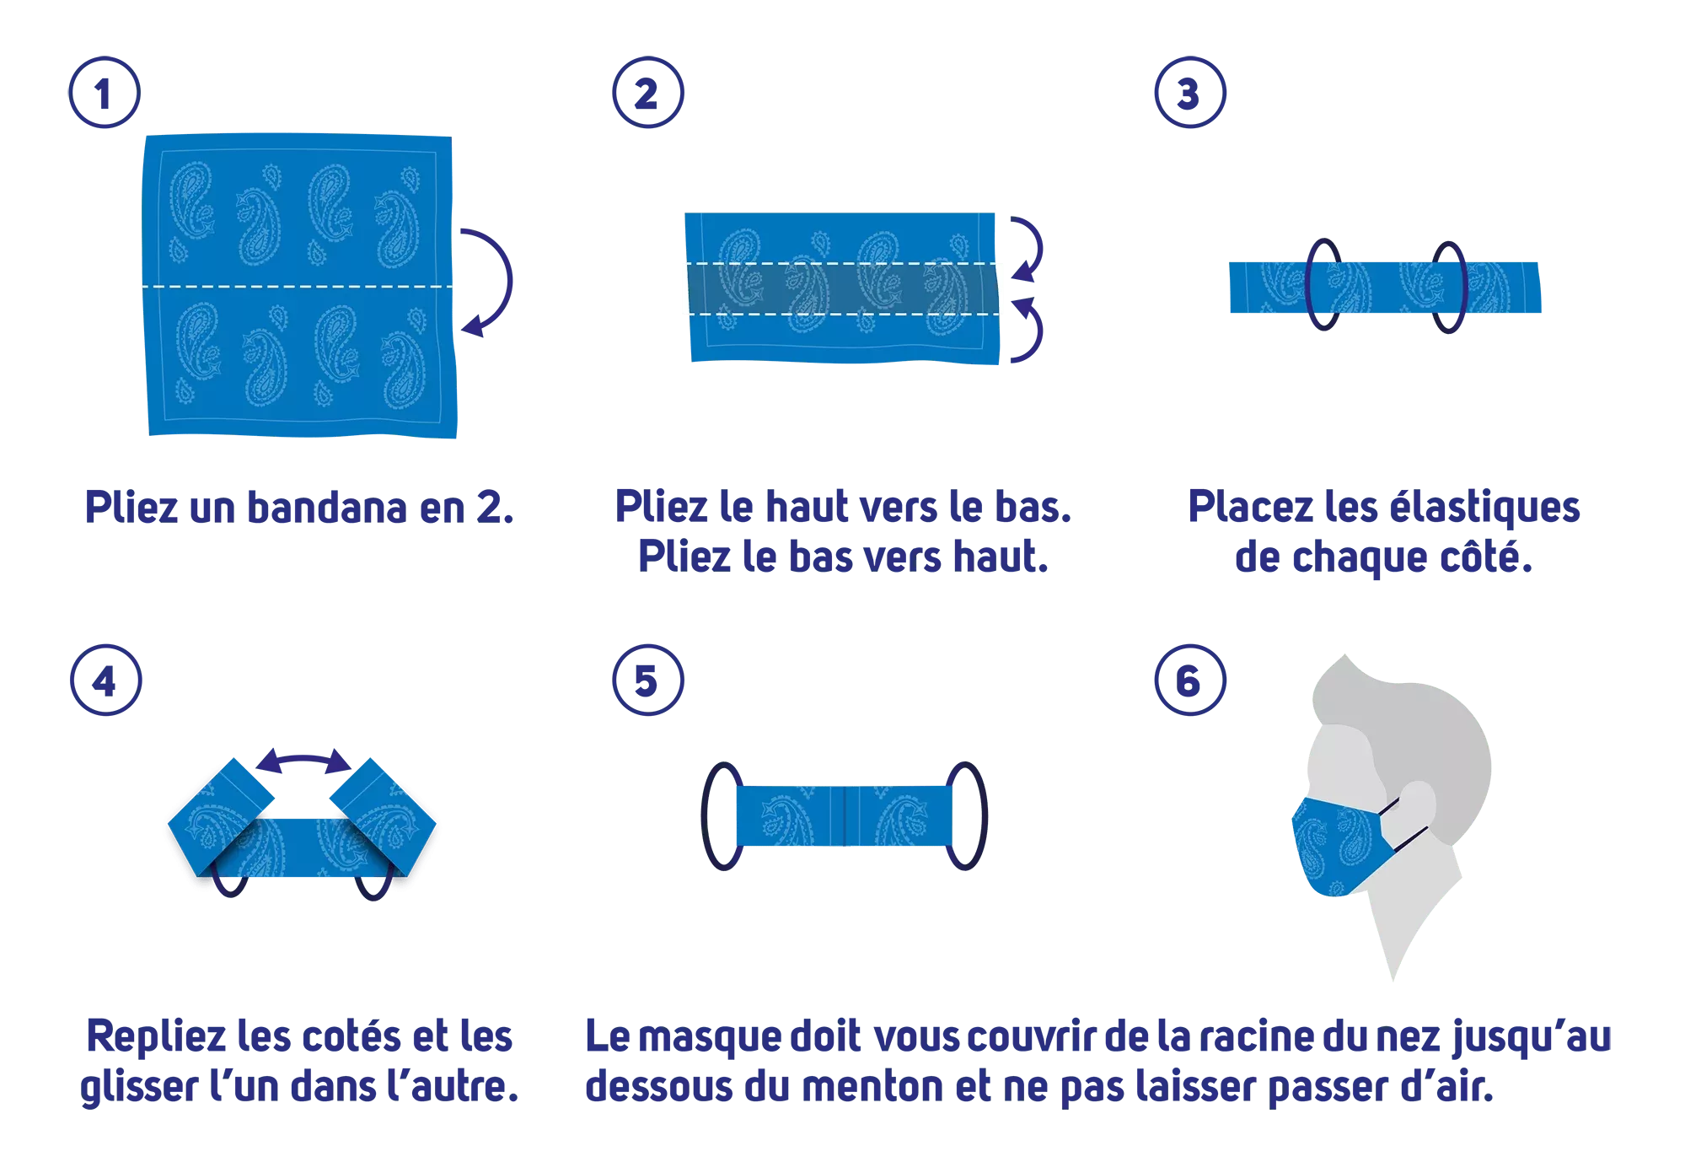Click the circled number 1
tap(105, 93)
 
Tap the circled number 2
tap(647, 93)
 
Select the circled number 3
tap(1190, 93)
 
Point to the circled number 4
tap(106, 681)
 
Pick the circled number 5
tap(647, 681)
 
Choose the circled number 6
tap(1190, 681)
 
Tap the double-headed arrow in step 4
tap(303, 758)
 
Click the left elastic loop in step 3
tap(1307, 284)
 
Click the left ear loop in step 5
tap(705, 816)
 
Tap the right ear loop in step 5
tap(984, 816)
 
